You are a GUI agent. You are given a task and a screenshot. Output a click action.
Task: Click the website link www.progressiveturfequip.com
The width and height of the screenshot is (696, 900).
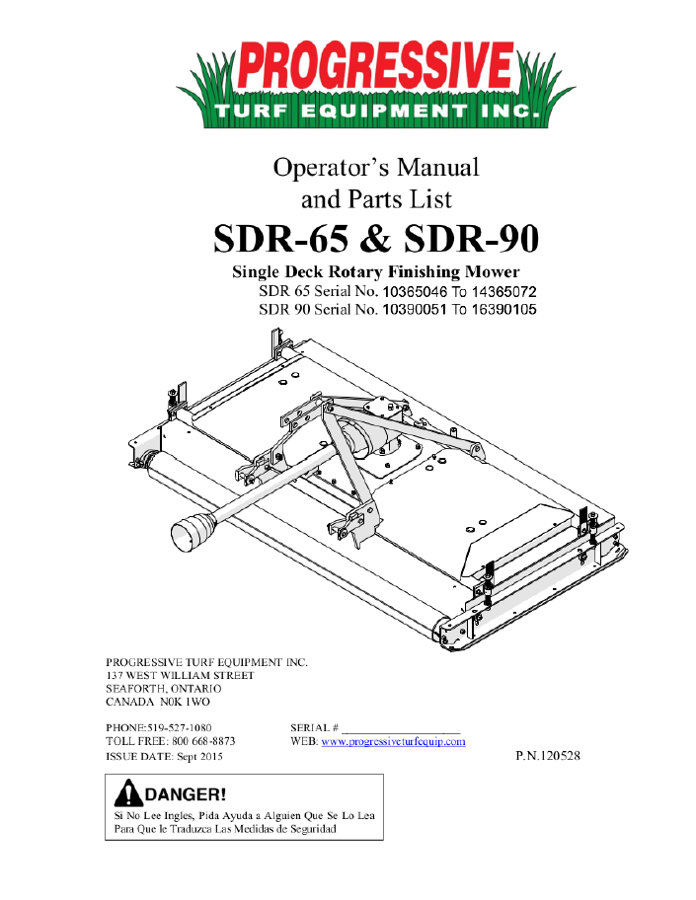point(393,741)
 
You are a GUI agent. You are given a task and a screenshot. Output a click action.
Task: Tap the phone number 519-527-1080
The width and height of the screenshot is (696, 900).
point(180,726)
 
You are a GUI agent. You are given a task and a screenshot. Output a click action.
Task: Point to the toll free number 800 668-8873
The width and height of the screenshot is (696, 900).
point(200,741)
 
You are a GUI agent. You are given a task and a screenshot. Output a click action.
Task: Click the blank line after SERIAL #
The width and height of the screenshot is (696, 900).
point(403,728)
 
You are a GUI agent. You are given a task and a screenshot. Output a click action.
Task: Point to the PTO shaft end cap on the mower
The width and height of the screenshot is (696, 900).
point(189,537)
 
